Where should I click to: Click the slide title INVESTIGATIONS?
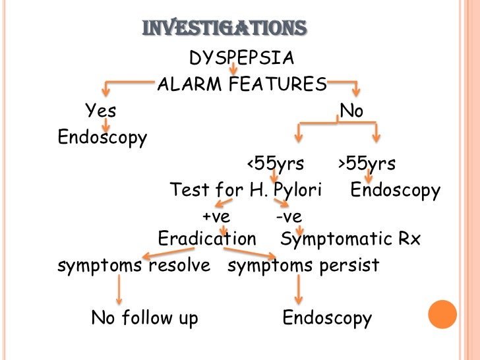tap(224, 28)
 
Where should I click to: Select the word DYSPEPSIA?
tap(241, 59)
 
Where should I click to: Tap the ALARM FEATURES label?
tap(241, 85)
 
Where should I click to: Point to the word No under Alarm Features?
tap(351, 111)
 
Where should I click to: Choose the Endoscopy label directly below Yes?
tap(102, 138)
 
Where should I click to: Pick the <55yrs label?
tap(276, 164)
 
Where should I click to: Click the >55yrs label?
tap(367, 164)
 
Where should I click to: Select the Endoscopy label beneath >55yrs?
tap(395, 191)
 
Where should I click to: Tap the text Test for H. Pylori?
tap(245, 191)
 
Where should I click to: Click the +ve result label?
tap(216, 216)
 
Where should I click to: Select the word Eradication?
tap(207, 239)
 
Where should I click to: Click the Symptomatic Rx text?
tap(350, 239)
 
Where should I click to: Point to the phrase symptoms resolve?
tap(134, 266)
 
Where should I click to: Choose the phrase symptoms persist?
tap(303, 266)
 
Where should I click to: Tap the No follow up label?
tap(144, 318)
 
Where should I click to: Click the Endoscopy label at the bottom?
tap(327, 318)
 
